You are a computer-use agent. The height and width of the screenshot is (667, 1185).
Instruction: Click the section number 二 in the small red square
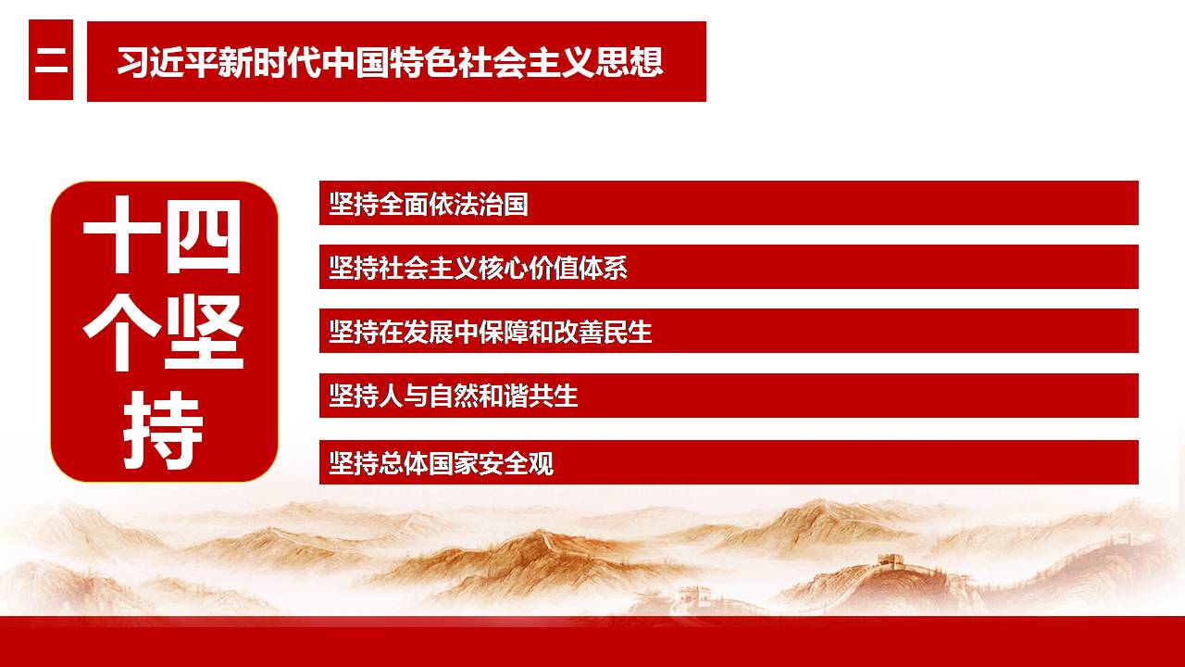click(x=51, y=60)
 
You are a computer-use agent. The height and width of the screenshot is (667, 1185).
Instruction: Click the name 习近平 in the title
click(x=168, y=62)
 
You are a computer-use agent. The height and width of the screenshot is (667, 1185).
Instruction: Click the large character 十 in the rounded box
click(x=121, y=234)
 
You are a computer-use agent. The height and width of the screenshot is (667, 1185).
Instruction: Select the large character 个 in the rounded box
click(x=121, y=333)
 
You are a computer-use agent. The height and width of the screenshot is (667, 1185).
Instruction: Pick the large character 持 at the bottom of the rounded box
click(x=163, y=431)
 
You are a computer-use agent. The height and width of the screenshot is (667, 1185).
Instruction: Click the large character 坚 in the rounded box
click(x=204, y=333)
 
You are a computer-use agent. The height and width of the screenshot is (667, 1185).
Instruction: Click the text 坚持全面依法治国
click(x=429, y=204)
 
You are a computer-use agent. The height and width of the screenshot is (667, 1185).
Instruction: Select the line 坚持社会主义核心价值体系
click(x=478, y=268)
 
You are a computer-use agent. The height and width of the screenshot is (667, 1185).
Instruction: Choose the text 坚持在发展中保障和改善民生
click(x=491, y=332)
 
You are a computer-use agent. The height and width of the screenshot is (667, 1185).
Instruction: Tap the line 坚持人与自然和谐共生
click(x=454, y=396)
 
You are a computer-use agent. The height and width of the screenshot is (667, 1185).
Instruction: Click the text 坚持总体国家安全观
click(x=441, y=463)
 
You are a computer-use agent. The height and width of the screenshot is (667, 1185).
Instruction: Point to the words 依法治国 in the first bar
click(x=479, y=204)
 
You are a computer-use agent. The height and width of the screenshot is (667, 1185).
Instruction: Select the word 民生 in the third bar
click(x=628, y=332)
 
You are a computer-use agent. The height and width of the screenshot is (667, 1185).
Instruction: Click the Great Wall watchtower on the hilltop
click(x=892, y=560)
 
